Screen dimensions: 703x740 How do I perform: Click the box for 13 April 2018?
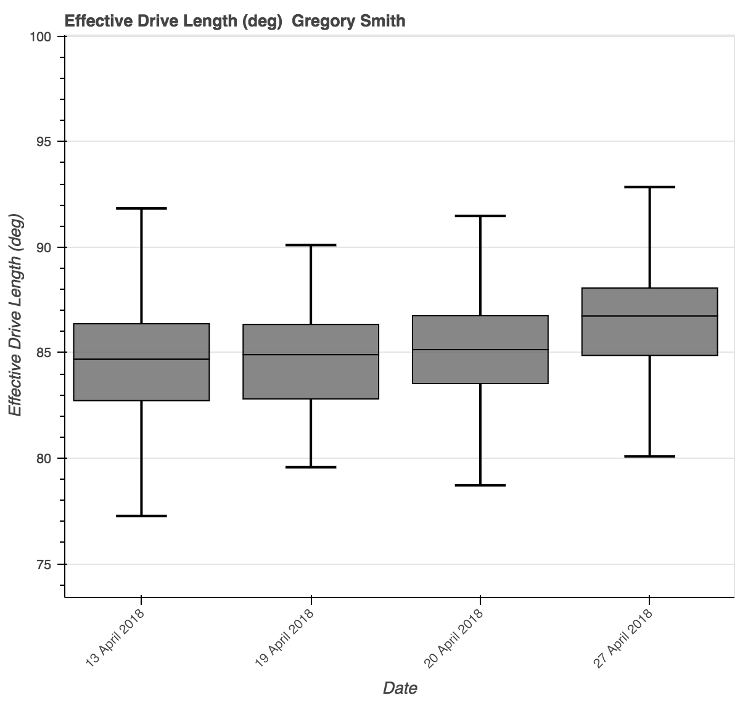[141, 379]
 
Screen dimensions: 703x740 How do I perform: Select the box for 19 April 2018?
[311, 377]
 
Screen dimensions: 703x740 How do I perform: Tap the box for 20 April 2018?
[480, 366]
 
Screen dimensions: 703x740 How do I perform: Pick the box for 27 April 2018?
[650, 335]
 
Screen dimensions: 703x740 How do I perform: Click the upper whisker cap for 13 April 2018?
[141, 208]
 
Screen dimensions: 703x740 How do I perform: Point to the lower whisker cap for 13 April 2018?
[141, 516]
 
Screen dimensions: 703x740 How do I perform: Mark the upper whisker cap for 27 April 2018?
[650, 187]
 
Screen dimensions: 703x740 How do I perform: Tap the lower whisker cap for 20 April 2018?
[480, 485]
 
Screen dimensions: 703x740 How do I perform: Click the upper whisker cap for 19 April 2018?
[311, 245]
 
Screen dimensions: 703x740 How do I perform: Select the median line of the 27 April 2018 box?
[650, 316]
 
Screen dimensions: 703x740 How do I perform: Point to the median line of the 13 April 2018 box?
[141, 359]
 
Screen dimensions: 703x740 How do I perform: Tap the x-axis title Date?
[400, 688]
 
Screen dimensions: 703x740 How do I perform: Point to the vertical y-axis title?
[15, 314]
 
